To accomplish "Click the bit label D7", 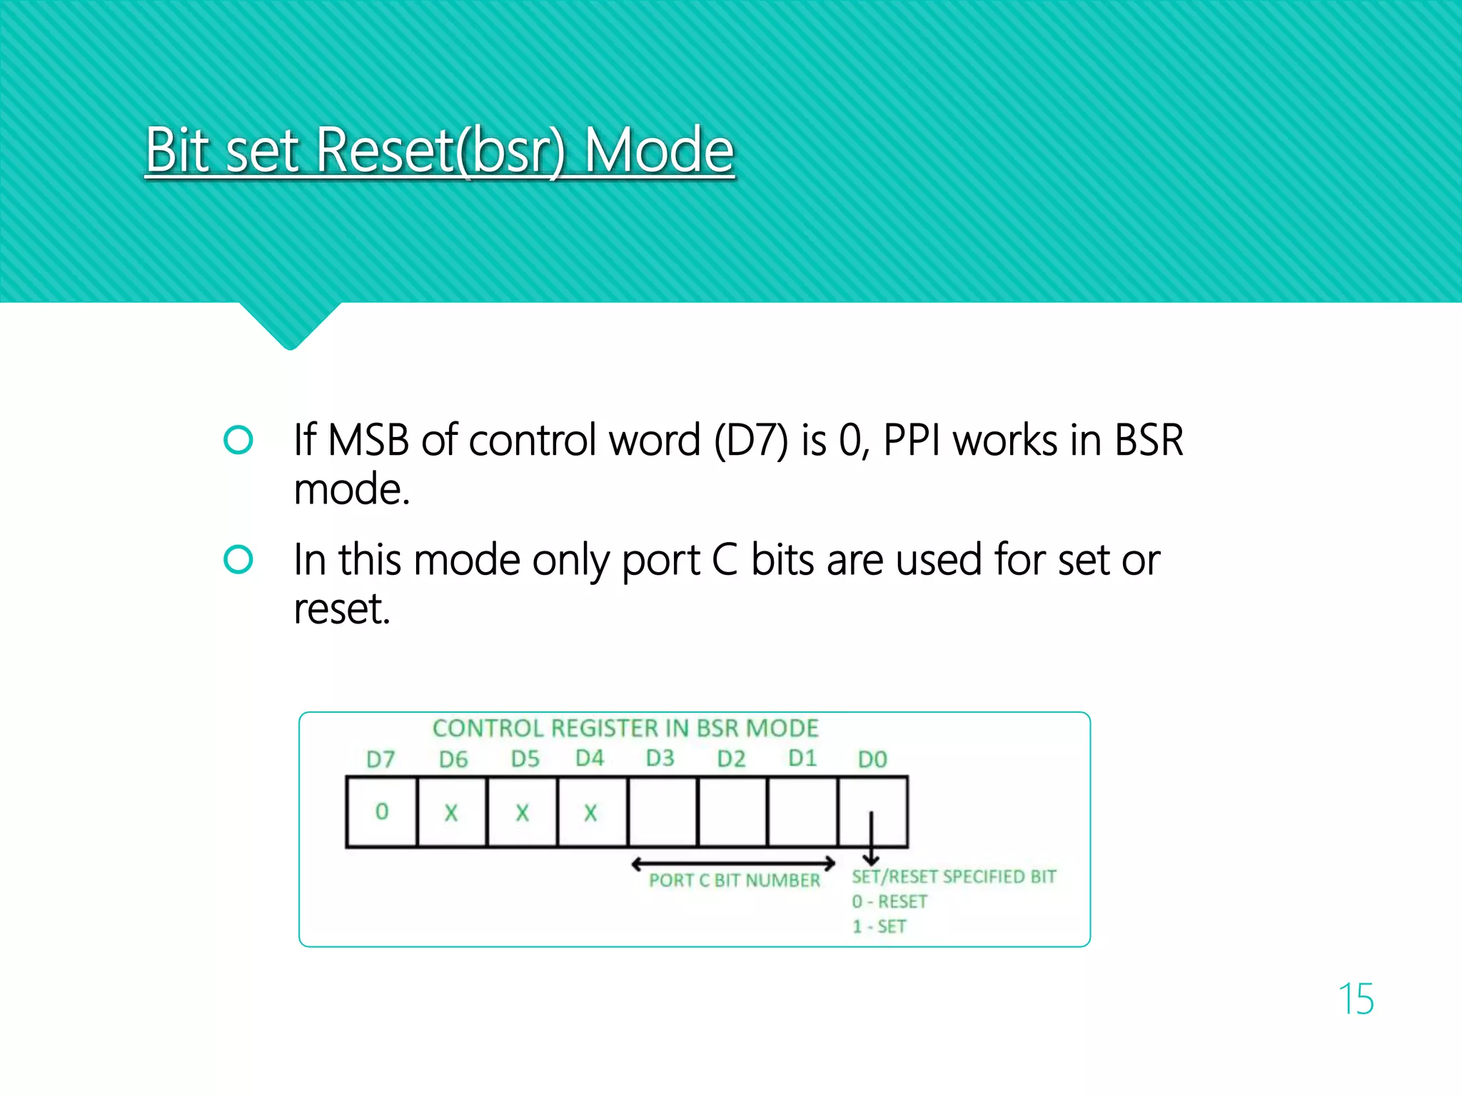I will click(380, 759).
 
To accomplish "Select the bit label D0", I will click(872, 759).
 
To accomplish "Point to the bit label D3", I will click(660, 758).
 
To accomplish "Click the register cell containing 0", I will click(382, 811).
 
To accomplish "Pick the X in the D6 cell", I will click(451, 813).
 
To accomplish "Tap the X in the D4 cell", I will click(590, 813).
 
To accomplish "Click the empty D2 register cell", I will click(732, 811).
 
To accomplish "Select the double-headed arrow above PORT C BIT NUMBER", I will click(733, 864).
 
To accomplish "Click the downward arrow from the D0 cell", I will click(871, 839).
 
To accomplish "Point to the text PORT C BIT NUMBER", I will click(735, 881).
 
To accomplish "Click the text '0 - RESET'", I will click(889, 902).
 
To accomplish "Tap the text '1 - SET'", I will click(879, 927).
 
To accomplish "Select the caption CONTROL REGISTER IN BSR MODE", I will click(625, 728).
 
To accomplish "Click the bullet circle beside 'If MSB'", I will click(238, 440).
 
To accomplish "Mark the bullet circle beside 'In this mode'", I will click(238, 559).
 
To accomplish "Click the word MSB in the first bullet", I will click(368, 440).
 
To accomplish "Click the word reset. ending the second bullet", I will click(342, 608).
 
